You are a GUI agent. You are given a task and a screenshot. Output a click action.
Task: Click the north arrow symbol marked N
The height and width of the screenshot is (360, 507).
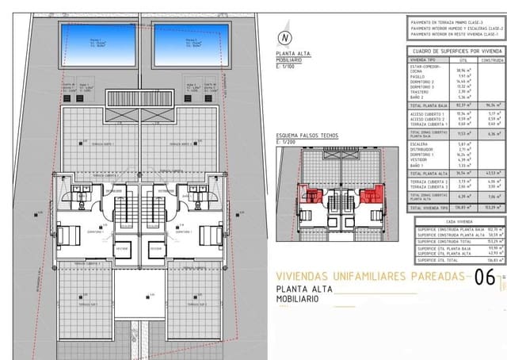pos(284,37)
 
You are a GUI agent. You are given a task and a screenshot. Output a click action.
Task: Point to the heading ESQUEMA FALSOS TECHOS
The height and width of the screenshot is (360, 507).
pos(307,136)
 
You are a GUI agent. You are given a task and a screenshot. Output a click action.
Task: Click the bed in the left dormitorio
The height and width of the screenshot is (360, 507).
pos(69,236)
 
